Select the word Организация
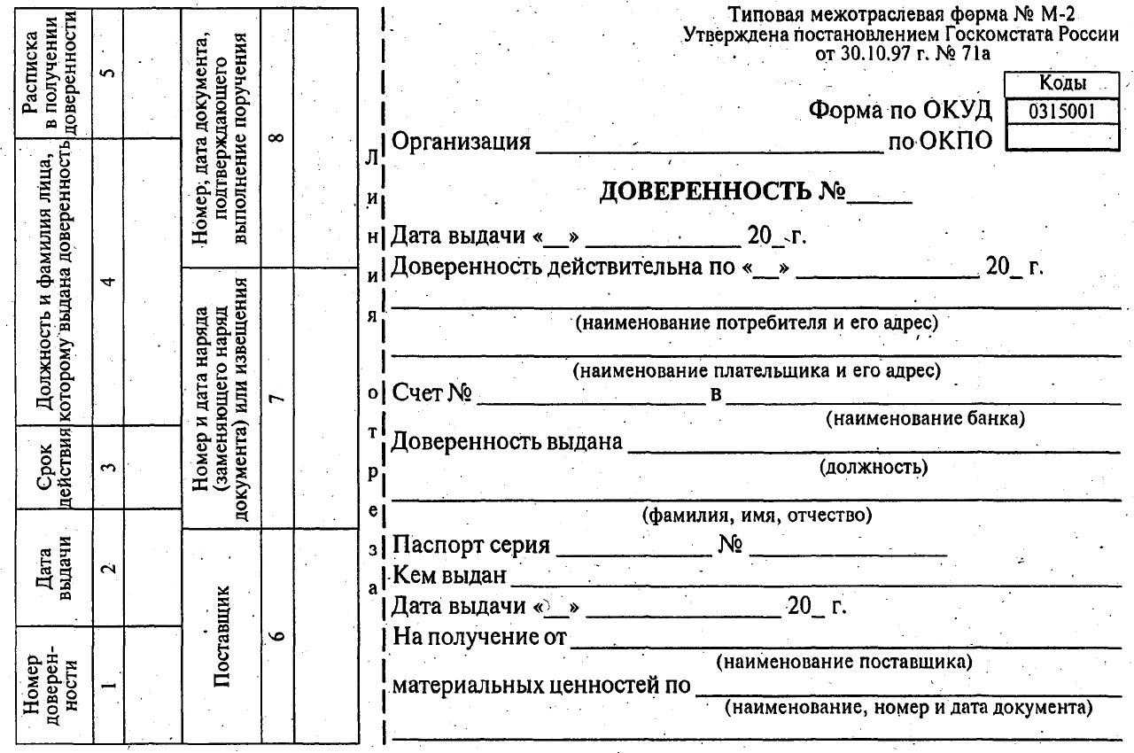tap(461, 142)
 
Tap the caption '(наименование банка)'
tap(924, 418)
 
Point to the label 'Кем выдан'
tap(449, 576)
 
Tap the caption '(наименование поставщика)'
tap(843, 661)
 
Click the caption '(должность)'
tap(874, 467)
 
